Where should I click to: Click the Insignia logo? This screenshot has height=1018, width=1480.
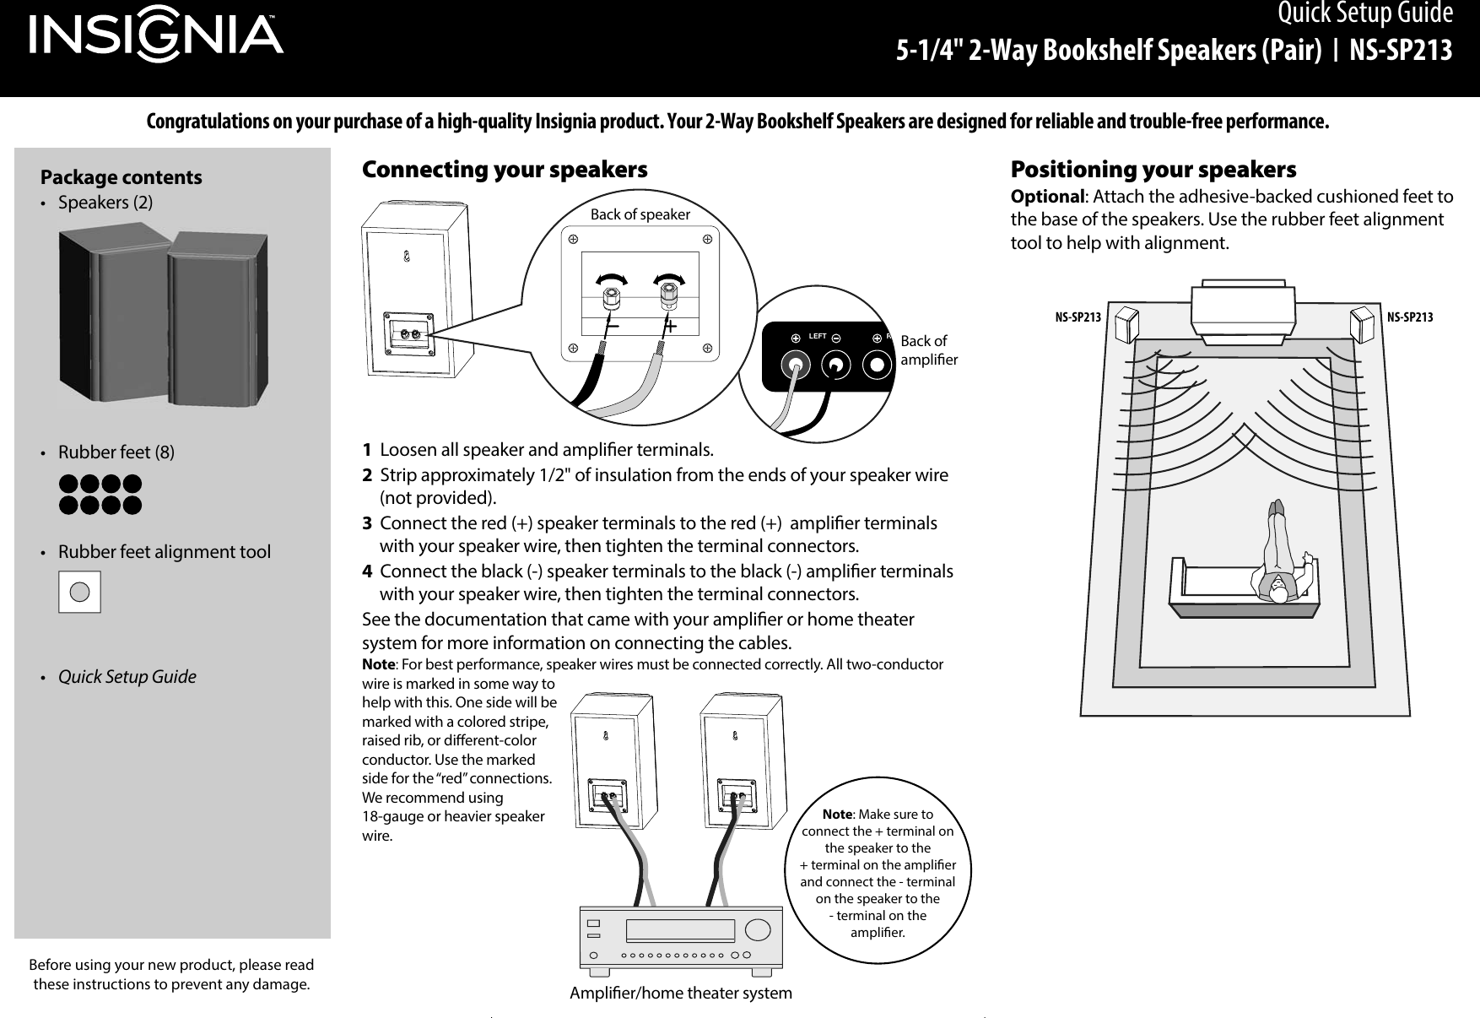point(157,38)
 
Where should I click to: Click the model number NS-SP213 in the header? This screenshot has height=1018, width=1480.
point(1400,51)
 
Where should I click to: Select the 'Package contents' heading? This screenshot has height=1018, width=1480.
point(122,177)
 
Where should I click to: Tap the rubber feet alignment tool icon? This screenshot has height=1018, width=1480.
point(79,592)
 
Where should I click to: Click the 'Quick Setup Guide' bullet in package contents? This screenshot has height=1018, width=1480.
point(127,677)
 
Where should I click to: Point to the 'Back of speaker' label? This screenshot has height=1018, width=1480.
point(640,214)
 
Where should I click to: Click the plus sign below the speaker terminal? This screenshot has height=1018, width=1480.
point(672,325)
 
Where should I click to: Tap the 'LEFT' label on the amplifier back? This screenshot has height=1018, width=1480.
point(816,336)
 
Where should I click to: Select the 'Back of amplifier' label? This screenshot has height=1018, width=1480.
point(929,350)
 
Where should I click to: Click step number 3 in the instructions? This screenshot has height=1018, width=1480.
point(367,523)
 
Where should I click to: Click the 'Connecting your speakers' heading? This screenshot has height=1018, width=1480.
point(505,170)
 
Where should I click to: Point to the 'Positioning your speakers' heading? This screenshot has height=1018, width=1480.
point(1153,170)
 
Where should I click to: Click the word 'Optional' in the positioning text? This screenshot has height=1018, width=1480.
point(1046,197)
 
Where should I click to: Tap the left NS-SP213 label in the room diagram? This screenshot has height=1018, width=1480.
point(1078,318)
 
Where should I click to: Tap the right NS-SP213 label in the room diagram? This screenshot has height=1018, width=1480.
point(1410,318)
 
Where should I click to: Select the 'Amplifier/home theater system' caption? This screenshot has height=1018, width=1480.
point(681,994)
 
